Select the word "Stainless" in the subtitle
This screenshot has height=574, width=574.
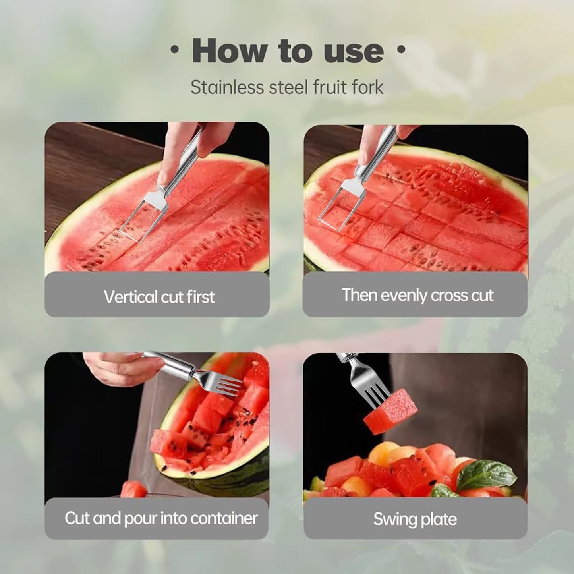(227, 87)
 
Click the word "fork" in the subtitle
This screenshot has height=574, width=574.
(367, 87)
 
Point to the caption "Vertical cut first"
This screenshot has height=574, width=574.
(159, 297)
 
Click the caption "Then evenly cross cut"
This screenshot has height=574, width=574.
(417, 295)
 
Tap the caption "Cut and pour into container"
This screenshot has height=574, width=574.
(161, 518)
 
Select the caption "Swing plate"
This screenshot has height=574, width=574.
(415, 519)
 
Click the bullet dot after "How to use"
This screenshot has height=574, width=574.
(401, 50)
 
